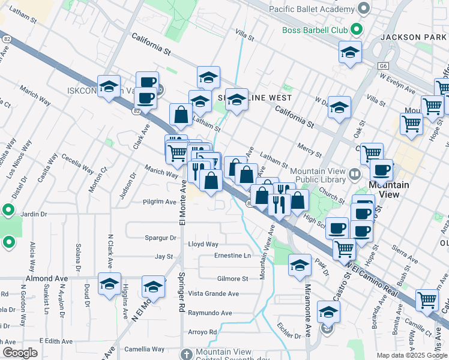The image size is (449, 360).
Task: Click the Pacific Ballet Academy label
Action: click(311, 10)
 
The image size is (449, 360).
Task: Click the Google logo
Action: click(20, 353)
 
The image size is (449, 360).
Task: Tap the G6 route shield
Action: click(383, 65)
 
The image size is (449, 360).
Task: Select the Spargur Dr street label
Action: click(160, 238)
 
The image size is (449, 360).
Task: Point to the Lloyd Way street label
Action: click(203, 244)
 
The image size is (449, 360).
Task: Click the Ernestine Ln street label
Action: click(232, 256)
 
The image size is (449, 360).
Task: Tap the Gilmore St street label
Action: click(232, 279)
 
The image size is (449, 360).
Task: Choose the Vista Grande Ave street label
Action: click(214, 293)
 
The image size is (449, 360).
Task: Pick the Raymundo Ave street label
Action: click(209, 313)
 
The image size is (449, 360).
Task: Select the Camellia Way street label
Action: click(144, 349)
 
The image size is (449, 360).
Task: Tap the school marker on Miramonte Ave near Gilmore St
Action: click(300, 266)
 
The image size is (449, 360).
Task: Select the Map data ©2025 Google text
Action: click(411, 355)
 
